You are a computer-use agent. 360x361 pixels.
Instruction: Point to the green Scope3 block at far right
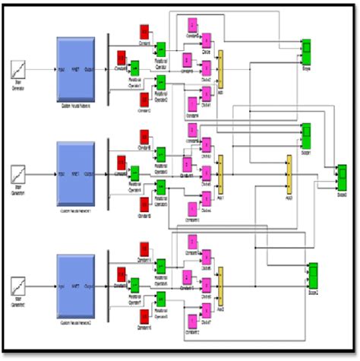[x=342, y=180]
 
